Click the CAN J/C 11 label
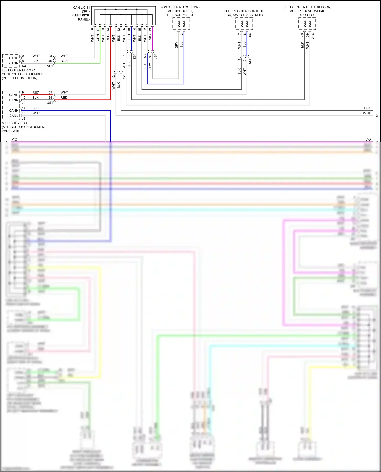(81, 8)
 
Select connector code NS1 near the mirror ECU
(50, 66)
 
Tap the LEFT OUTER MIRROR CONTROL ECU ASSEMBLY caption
(22, 74)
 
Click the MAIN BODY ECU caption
(14, 123)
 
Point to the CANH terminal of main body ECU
(14, 110)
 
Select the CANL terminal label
(14, 116)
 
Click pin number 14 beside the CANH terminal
(24, 108)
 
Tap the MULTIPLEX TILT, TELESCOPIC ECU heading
(180, 13)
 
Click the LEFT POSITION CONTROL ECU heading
(244, 13)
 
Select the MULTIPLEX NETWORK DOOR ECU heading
(307, 13)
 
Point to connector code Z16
(313, 36)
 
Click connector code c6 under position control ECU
(250, 35)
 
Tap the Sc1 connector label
(250, 61)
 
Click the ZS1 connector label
(134, 56)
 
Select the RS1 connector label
(124, 77)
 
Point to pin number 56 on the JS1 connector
(145, 56)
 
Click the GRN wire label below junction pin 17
(98, 38)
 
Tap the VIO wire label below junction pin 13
(150, 37)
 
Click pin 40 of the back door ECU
(302, 35)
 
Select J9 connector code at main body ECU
(24, 103)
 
